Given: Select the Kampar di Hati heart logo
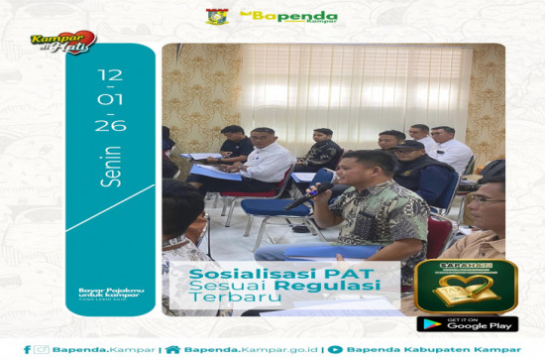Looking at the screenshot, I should [61, 43].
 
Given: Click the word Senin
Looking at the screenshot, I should [110, 166].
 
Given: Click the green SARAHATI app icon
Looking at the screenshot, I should [466, 287].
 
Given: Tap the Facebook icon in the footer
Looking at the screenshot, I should [27, 349].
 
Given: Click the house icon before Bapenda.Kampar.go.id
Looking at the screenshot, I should [173, 349].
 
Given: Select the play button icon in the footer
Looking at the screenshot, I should [335, 349].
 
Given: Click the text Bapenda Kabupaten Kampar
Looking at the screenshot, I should [428, 349].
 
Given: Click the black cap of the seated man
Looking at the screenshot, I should [408, 146].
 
